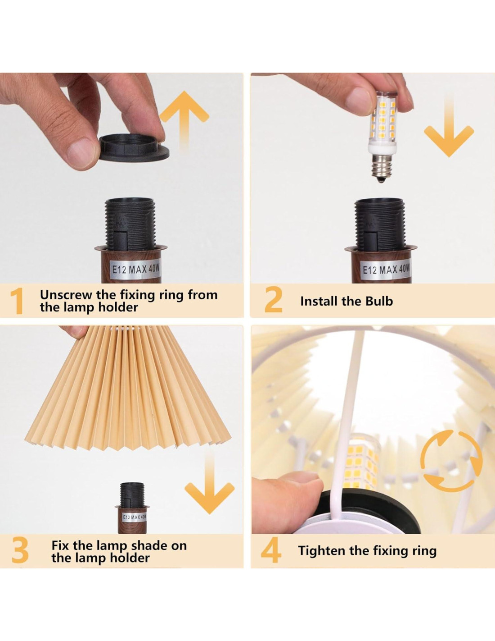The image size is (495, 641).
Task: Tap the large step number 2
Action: point(273,300)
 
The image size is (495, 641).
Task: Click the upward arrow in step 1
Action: point(184,121)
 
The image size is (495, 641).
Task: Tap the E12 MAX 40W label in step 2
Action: point(386,269)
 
